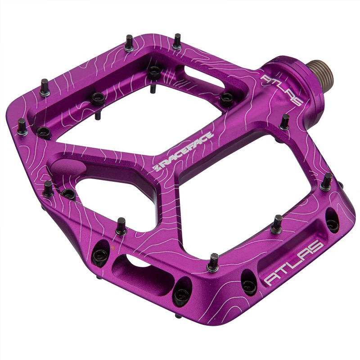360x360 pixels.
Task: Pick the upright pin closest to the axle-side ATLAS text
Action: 284,121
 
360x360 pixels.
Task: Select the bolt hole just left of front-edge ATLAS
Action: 249,283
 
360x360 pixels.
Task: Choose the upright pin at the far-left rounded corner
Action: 45,87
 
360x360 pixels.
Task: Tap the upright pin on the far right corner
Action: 326,181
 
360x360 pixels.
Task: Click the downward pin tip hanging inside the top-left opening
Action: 97,115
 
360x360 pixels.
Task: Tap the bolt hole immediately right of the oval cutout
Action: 182,294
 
